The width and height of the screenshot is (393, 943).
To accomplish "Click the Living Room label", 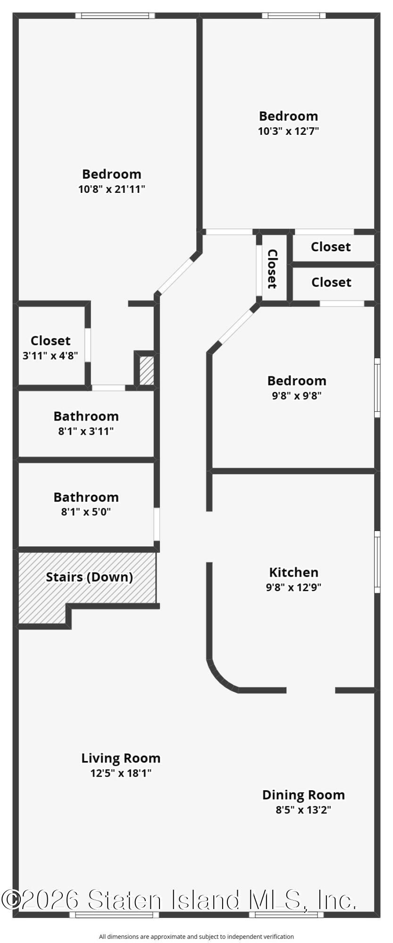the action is click(x=121, y=758).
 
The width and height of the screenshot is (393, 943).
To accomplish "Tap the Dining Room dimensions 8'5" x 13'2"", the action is click(x=303, y=810).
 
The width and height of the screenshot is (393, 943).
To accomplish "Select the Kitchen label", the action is click(x=293, y=572).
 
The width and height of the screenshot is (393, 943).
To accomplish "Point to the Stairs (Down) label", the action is click(x=89, y=577).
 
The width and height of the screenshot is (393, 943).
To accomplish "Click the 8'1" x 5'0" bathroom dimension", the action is click(x=86, y=512).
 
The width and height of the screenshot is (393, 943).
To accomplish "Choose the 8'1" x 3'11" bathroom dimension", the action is click(x=86, y=431).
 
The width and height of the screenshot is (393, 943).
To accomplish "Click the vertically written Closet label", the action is click(x=272, y=269).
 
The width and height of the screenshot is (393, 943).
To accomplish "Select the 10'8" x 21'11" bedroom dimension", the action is click(x=112, y=190).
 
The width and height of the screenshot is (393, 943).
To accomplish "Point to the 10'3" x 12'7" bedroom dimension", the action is click(x=288, y=131).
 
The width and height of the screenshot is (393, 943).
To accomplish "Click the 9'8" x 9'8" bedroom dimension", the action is click(x=297, y=396).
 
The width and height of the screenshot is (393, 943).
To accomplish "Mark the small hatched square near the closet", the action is click(x=147, y=371).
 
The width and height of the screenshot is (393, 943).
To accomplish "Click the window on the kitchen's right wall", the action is click(x=377, y=562).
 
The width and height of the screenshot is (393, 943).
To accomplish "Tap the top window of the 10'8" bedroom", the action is click(x=115, y=16).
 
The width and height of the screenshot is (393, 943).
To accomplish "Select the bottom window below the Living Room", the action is click(x=114, y=915).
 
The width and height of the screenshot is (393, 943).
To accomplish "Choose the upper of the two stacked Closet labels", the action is click(x=331, y=247).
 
